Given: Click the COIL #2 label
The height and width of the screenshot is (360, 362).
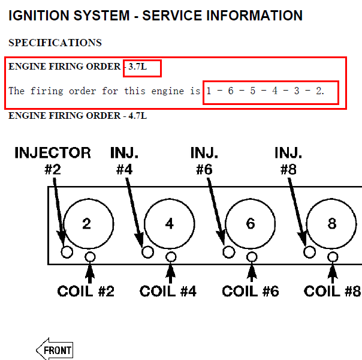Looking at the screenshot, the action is [x=86, y=291].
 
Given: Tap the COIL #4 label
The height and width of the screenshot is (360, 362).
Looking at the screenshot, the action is [x=168, y=291].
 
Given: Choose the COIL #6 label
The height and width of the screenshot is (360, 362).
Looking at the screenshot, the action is [x=251, y=291].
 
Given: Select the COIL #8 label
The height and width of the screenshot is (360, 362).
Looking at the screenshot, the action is [x=332, y=291].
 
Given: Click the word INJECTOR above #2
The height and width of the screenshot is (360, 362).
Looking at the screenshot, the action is [x=53, y=153].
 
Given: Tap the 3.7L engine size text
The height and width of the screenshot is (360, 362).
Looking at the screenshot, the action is [x=138, y=67].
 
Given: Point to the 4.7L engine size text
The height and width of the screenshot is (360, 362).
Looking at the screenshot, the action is [x=138, y=116].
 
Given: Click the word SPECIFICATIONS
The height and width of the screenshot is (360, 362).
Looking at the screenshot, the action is [x=55, y=43].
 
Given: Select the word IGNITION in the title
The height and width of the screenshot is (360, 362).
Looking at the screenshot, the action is [x=39, y=16].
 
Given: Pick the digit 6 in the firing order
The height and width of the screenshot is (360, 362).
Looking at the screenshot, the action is [x=231, y=91].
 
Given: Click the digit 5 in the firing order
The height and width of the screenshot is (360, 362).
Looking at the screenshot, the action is [x=253, y=91].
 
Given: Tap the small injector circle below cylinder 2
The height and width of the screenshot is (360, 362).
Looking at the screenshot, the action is [x=67, y=252].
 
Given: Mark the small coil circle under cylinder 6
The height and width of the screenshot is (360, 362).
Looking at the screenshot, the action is [x=252, y=257].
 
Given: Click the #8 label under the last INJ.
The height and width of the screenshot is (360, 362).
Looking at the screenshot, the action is [x=288, y=170].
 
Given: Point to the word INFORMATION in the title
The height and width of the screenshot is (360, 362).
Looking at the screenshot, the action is [x=254, y=16].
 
